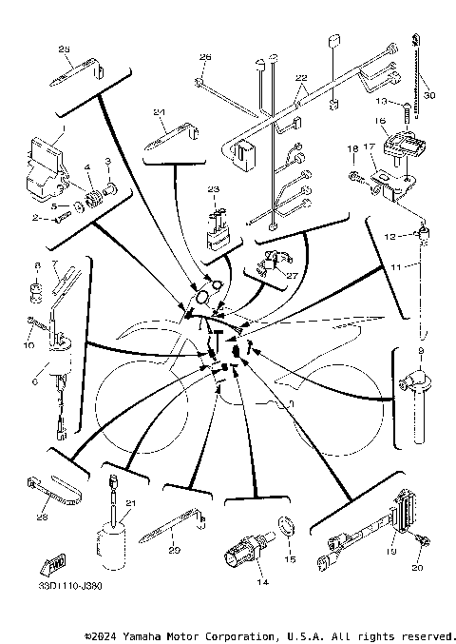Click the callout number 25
65,49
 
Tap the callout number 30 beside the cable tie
428,95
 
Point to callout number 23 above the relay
214,189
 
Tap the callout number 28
41,518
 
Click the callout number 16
378,122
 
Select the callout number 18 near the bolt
351,149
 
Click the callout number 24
161,113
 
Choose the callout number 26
204,58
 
